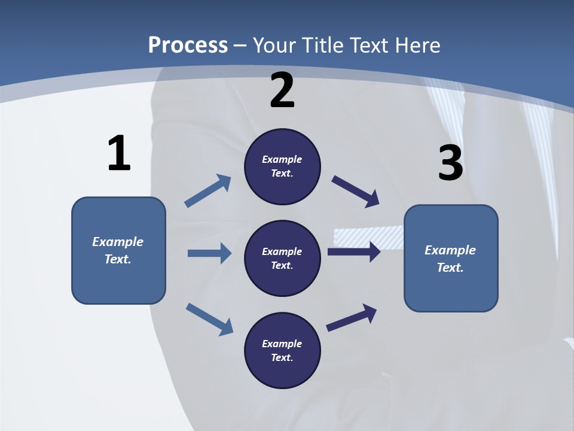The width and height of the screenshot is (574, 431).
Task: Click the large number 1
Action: (x=119, y=153)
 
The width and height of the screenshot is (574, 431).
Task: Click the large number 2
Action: (x=282, y=90)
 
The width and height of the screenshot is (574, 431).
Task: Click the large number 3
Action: (x=450, y=163)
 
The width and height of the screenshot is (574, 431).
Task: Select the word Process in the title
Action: (x=188, y=45)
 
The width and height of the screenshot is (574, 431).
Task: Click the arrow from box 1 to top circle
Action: (x=208, y=191)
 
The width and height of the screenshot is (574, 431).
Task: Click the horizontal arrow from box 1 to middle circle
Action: (x=209, y=253)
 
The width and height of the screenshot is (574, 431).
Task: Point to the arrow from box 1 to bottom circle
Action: (x=209, y=318)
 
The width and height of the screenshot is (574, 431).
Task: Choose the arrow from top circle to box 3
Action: (x=356, y=192)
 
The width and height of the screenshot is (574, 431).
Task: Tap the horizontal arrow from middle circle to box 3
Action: (x=354, y=251)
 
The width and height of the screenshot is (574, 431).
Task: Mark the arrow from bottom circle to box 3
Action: (x=352, y=317)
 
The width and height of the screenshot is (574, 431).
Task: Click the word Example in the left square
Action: (x=118, y=242)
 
